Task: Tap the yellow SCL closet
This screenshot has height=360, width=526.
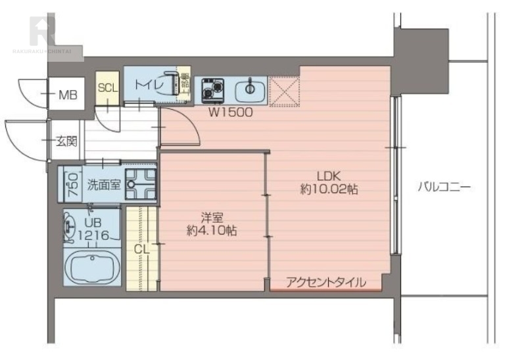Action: pos(108,88)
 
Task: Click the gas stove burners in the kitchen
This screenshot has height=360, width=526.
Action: pos(212,90)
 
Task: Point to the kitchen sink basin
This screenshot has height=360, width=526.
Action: pos(250,89)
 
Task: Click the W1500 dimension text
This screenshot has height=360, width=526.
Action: pos(231,112)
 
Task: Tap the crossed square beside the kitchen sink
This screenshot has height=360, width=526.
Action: pos(285,91)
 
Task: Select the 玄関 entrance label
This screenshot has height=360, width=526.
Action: pos(66,141)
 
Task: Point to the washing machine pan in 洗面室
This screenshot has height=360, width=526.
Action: pos(141,183)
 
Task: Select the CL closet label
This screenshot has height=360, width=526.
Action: pos(142,250)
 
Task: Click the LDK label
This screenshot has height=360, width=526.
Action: pos(329,176)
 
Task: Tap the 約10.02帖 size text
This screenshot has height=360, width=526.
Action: pos(329,189)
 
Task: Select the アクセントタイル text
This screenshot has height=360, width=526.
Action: pos(326,282)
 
